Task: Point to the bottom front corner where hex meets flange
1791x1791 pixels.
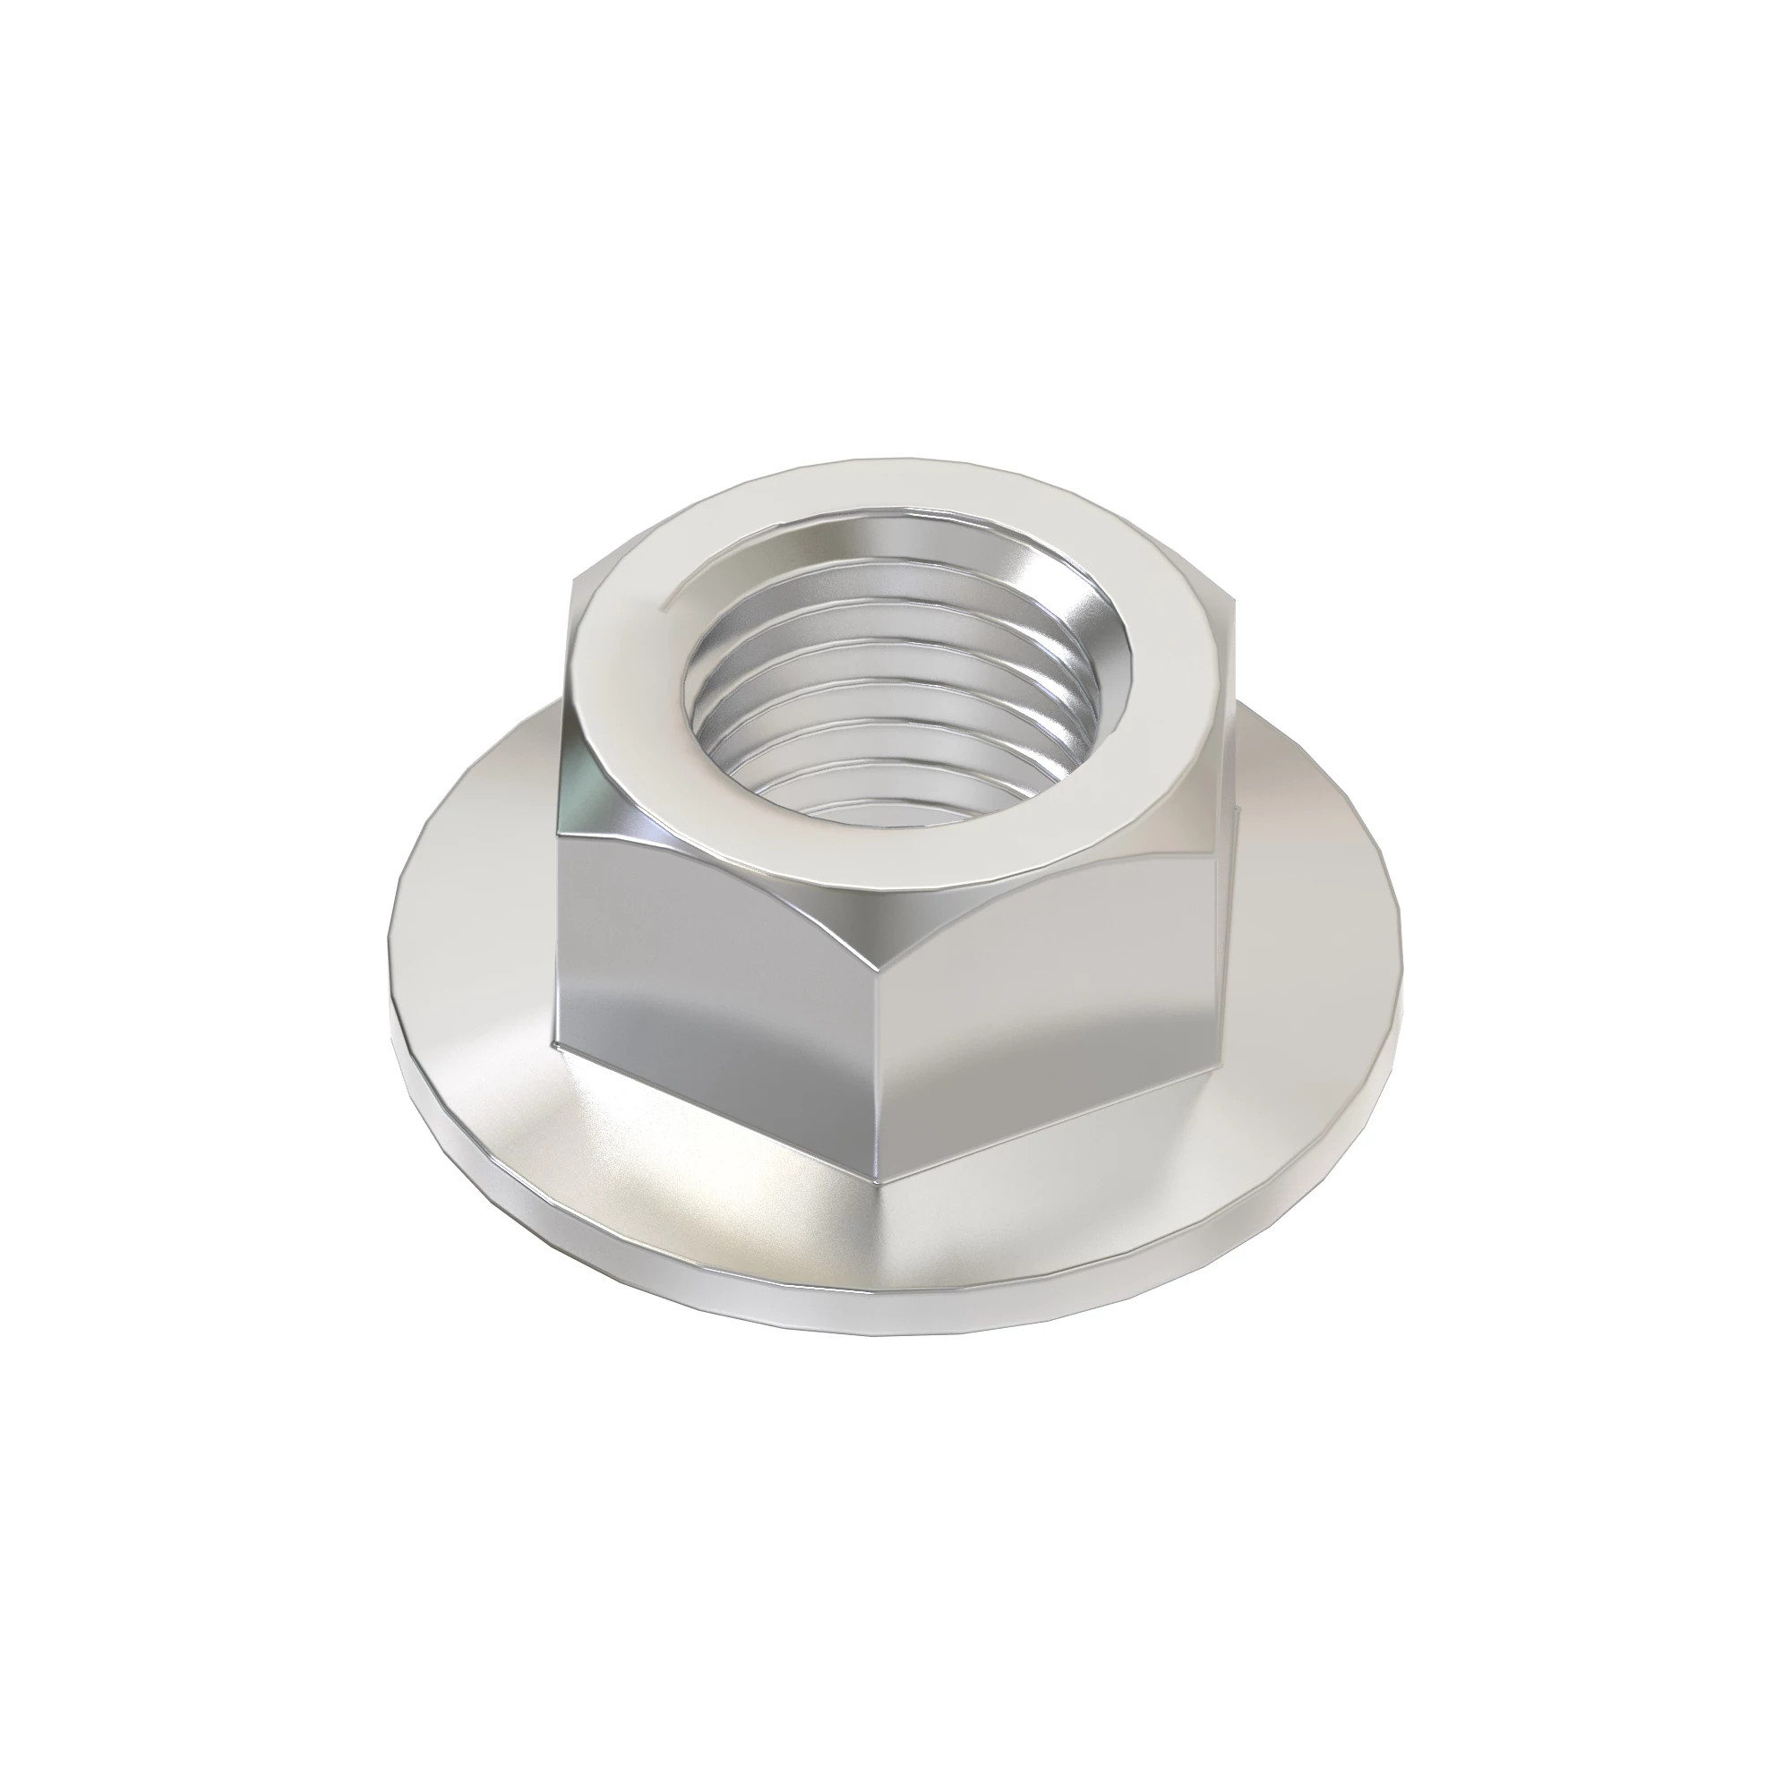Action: point(880,1182)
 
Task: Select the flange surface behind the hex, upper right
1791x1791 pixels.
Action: point(1298,835)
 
